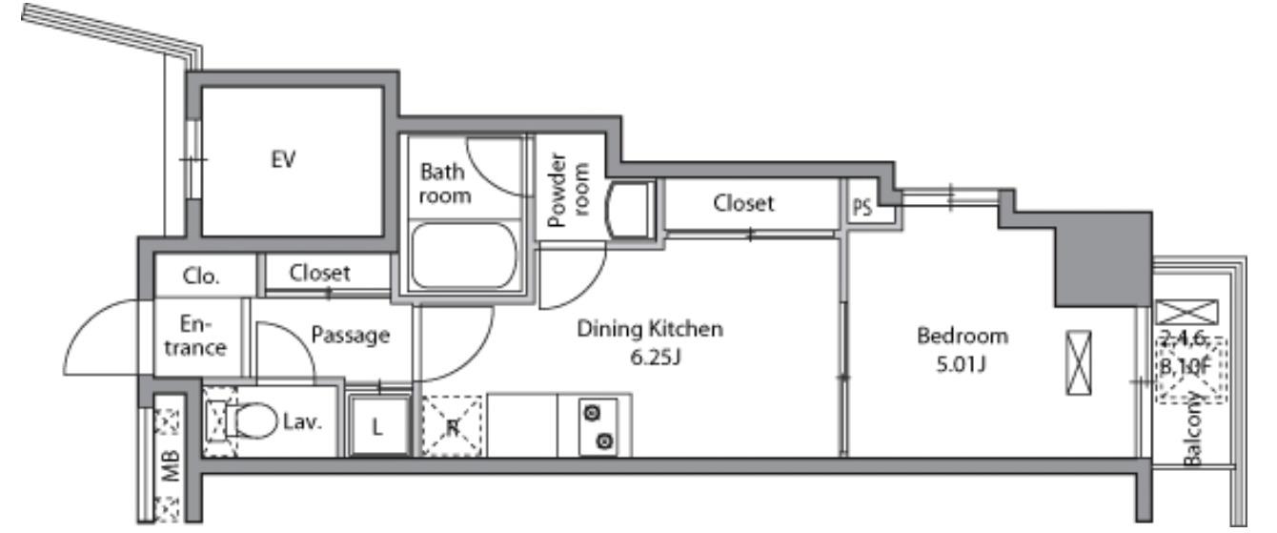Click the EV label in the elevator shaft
coord(283,159)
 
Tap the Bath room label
coord(445,183)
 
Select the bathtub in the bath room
coord(464,256)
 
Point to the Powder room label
coord(567,190)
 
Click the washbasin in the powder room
coord(629,210)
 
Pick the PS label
coord(861,207)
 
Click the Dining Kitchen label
coord(650,329)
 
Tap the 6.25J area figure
coord(656,358)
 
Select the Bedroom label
coord(963,336)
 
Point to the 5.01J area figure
coord(962,364)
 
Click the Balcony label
coord(1192,428)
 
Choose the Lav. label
coord(302,421)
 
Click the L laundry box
coord(378,426)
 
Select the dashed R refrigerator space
coord(452,425)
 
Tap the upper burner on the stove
coord(593,412)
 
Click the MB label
coord(171,465)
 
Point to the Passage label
coord(351,335)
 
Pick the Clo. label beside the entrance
coord(201,277)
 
